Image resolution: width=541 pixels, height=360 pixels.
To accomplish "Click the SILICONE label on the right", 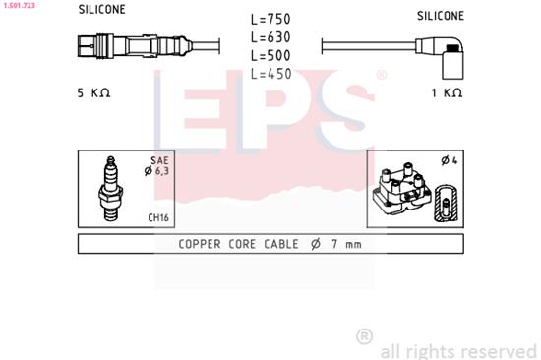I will (x=440, y=16).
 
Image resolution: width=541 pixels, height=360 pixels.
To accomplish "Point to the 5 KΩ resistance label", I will (x=94, y=92).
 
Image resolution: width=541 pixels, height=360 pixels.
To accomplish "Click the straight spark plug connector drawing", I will (x=123, y=46).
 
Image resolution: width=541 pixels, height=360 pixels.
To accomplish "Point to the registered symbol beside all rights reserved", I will (x=364, y=336).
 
